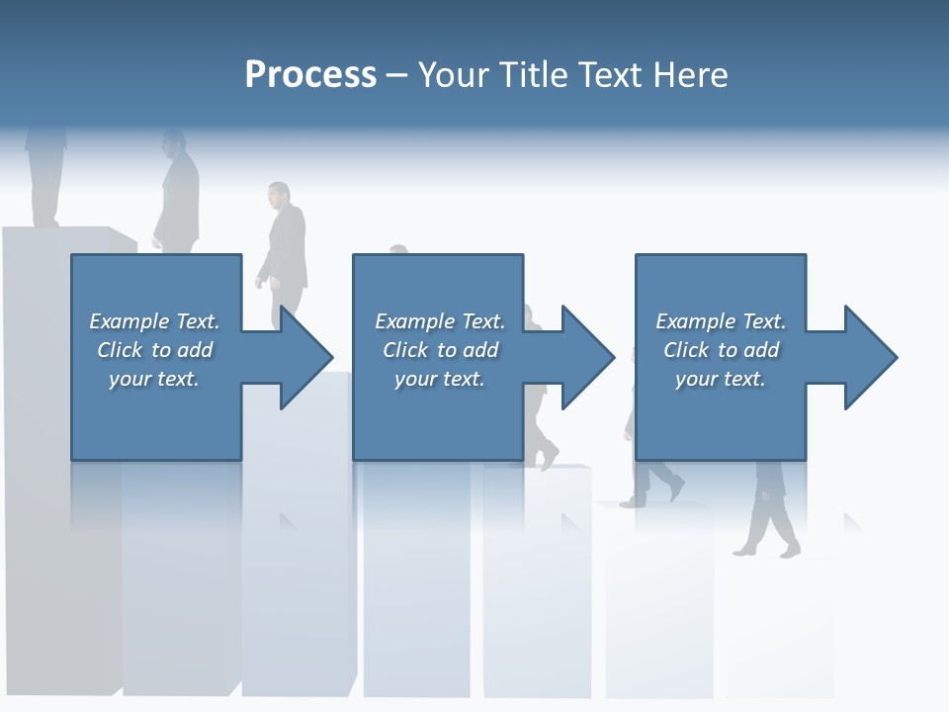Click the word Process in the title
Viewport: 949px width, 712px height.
(310, 74)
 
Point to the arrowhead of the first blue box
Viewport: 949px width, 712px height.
(305, 357)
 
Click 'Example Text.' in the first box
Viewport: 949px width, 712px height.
(154, 321)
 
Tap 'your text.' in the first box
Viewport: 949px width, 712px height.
(154, 379)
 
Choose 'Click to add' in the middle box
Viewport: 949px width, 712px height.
(439, 350)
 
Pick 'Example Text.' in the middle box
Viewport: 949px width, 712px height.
(439, 321)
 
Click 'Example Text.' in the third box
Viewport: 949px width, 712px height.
(720, 321)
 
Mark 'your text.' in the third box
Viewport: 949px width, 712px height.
(720, 379)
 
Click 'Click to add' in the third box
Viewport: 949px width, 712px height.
(720, 350)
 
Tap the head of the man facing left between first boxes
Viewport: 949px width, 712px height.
(279, 194)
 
